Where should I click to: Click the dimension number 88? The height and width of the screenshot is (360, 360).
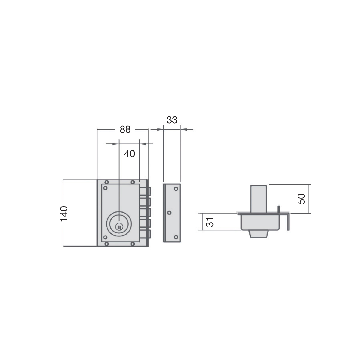[x=125, y=129]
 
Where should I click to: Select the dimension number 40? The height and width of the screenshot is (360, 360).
[x=130, y=154]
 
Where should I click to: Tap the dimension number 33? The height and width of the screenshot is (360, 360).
[x=172, y=120]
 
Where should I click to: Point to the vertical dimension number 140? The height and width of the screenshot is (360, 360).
[x=64, y=214]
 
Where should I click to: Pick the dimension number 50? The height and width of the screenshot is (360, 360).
[x=301, y=199]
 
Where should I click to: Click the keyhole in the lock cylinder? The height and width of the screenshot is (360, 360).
[x=119, y=227]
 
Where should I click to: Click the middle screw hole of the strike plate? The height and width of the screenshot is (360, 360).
[x=169, y=213]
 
